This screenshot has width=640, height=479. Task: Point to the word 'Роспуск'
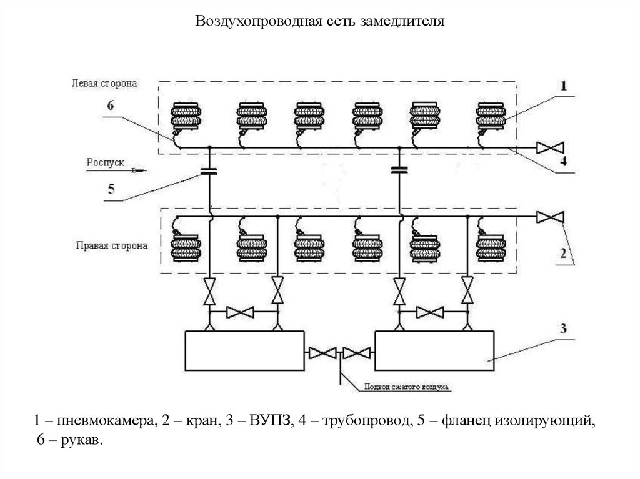coord(107,163)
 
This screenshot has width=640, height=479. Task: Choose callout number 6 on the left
coord(111,106)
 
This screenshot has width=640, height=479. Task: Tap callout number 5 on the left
coord(111,190)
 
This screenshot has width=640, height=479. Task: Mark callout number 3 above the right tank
coord(563,328)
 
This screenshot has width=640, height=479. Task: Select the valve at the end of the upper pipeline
coord(551,148)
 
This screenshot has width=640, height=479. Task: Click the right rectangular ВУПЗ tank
coord(435,351)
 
